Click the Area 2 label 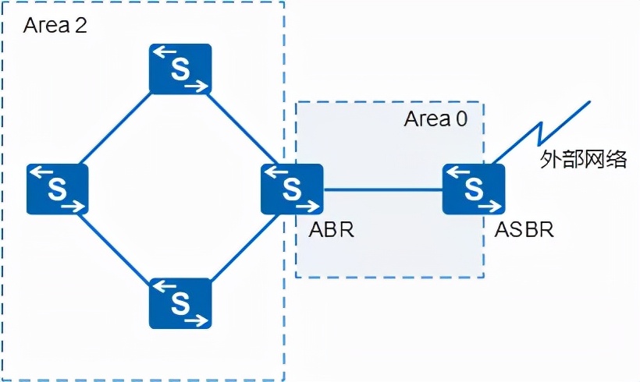(x=55, y=26)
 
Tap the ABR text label (x=331, y=231)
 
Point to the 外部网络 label (x=584, y=160)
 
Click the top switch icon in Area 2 (x=180, y=69)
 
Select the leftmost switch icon (x=57, y=189)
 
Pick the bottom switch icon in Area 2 (x=180, y=302)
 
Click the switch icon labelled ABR (x=292, y=189)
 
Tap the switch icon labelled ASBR (x=473, y=189)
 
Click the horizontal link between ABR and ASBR (x=382, y=189)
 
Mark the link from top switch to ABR (x=238, y=129)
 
